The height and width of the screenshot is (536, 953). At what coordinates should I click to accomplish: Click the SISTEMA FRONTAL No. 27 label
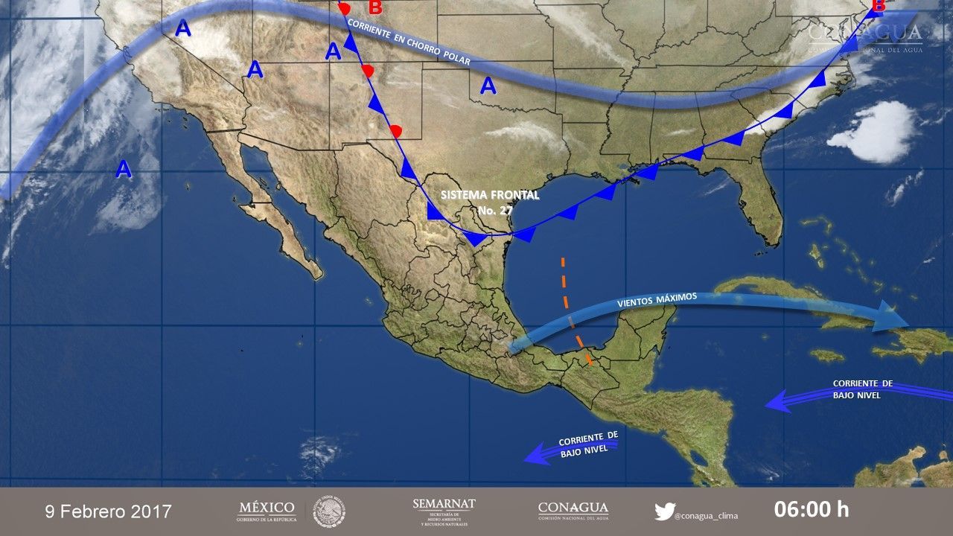coord(489,202)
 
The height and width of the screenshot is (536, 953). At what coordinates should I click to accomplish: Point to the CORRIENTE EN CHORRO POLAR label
coord(409,42)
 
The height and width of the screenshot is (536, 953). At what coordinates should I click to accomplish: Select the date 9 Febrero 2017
coord(109,511)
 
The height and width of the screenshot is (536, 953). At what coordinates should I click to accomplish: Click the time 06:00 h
coord(812,510)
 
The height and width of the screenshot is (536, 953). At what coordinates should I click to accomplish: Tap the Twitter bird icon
coord(664,511)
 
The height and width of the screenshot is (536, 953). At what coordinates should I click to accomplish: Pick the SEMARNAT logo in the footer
coord(444,511)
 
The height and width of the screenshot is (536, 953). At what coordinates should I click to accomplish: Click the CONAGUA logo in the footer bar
coord(573,511)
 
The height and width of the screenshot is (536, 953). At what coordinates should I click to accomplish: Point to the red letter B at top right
coord(878,7)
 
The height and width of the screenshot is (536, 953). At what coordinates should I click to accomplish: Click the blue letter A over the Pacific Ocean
coord(124,170)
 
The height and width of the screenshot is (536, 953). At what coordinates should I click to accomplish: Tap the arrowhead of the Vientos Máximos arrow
coord(894,316)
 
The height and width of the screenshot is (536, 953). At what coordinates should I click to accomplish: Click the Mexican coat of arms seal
coord(329,511)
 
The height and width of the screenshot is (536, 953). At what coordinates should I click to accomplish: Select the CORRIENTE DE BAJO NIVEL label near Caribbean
coord(862,389)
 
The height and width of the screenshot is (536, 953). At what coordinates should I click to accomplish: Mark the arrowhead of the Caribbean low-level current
coord(775,403)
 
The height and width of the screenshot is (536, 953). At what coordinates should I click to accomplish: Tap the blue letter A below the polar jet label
coord(488,86)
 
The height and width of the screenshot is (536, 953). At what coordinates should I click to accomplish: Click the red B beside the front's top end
coord(375,8)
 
